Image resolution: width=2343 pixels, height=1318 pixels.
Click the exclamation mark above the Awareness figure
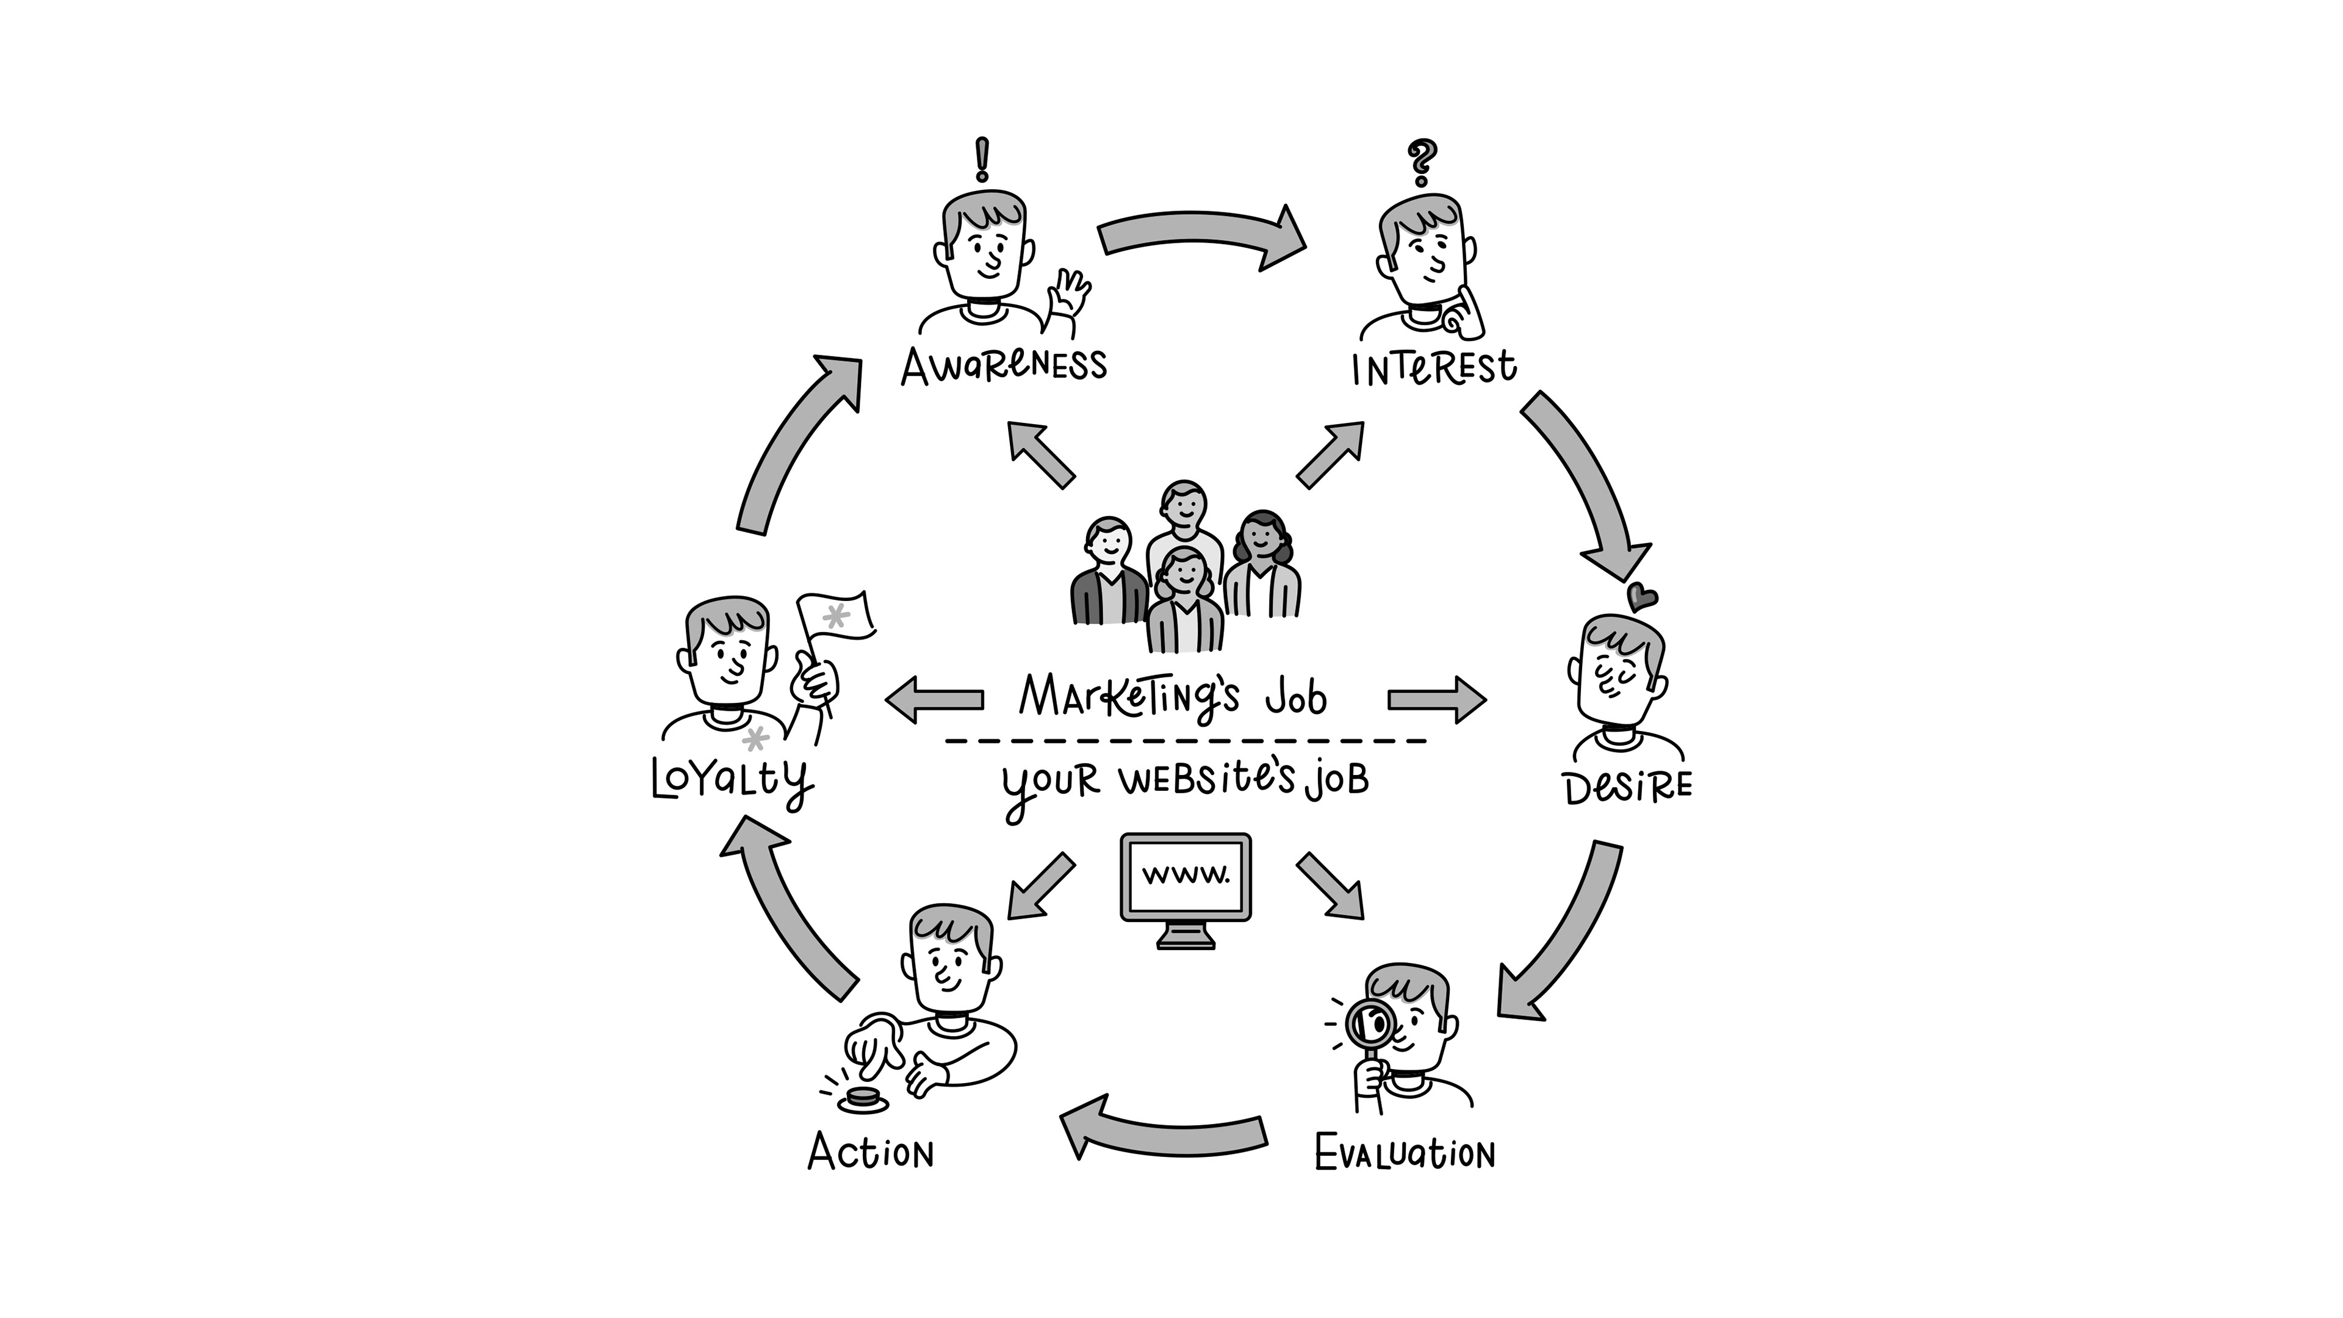coord(981,159)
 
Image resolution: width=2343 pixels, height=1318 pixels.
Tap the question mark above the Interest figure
coord(1422,162)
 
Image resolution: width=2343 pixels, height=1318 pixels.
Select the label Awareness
coord(1003,366)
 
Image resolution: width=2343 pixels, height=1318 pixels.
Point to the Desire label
coord(1627,788)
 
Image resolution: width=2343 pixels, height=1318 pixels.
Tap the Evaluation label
coord(1405,1153)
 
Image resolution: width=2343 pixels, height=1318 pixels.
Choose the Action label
coord(871,1153)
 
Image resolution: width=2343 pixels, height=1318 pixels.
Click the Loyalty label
coord(730,780)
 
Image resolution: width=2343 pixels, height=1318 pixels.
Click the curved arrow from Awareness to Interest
coord(1201,237)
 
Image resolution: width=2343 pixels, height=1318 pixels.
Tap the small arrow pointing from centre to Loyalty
coord(934,699)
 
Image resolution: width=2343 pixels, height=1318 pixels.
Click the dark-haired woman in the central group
coord(1262,564)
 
